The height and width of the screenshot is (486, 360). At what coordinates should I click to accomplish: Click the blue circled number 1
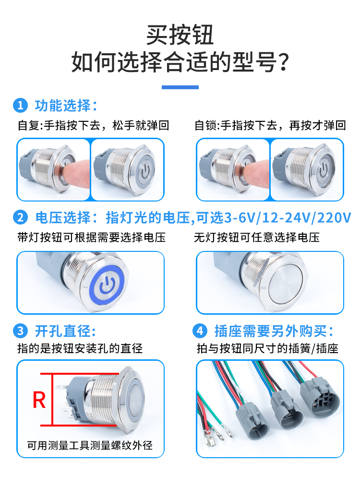coord(21,106)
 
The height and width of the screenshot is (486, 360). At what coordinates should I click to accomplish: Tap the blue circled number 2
coord(21,217)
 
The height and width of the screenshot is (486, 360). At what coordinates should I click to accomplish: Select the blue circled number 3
coord(21,331)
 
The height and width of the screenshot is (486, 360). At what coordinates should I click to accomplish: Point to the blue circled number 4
coord(200,331)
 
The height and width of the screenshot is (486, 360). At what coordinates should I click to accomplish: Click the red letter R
coord(39,400)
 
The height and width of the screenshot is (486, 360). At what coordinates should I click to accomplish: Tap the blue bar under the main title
coord(180,87)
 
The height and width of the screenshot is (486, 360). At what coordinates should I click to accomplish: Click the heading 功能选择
coord(62,106)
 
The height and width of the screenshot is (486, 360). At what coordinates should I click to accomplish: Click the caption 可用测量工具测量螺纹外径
coord(90,445)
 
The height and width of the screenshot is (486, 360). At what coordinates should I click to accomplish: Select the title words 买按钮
coord(180,35)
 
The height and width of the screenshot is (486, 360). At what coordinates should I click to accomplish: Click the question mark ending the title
coord(283,62)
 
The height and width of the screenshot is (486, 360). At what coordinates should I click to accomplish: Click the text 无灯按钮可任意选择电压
coord(257,237)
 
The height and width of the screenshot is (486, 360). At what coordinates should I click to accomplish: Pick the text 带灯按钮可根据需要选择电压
coord(92,237)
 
